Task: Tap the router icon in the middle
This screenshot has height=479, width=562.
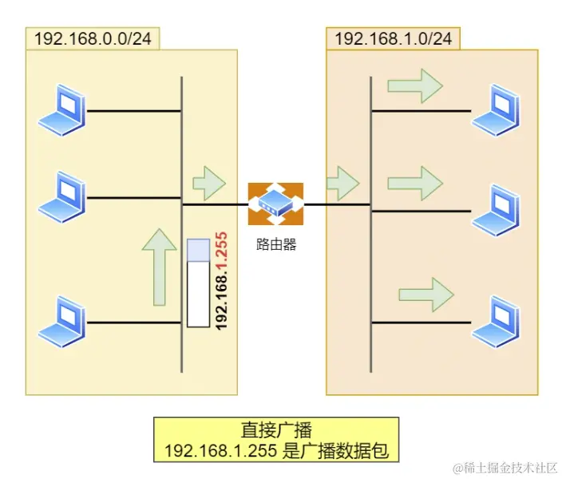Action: pos(275,204)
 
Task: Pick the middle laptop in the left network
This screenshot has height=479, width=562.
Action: pos(62,193)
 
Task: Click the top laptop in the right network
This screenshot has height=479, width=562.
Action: pos(497,112)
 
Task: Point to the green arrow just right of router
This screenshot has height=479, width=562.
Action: pos(343,183)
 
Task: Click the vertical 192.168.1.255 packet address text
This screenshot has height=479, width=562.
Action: pos(222,280)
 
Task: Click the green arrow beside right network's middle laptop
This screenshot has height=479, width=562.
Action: pos(414,184)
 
